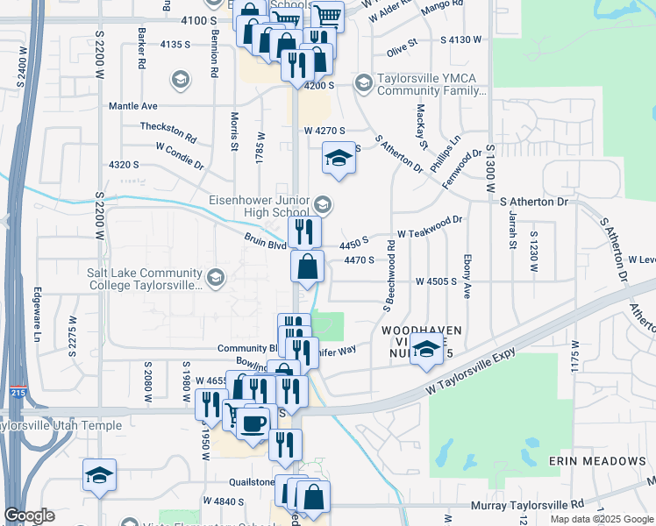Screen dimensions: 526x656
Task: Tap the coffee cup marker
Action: click(x=254, y=424)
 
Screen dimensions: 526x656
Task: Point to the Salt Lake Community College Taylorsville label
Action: click(x=145, y=279)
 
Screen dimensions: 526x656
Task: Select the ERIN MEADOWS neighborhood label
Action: click(x=597, y=461)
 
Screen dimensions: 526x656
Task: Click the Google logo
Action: click(x=28, y=515)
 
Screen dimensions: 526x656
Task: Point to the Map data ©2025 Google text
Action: click(x=601, y=519)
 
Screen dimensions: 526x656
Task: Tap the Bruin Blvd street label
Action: click(x=266, y=242)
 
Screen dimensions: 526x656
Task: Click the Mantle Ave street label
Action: click(x=132, y=106)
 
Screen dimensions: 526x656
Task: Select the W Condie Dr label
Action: click(x=180, y=157)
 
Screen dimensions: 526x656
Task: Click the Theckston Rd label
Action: click(x=168, y=132)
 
